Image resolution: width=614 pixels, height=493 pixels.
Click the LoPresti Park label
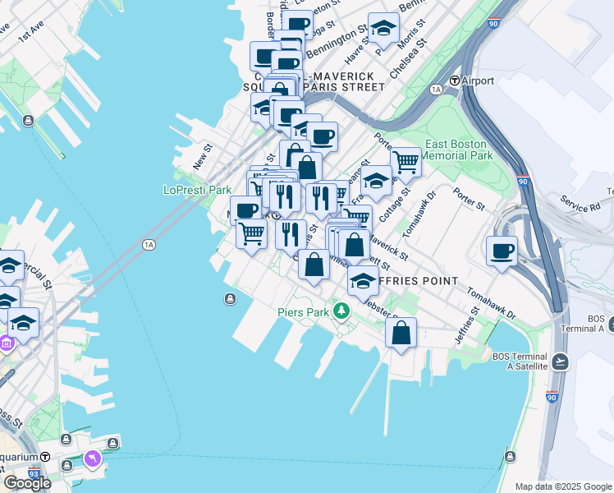pos(198,190)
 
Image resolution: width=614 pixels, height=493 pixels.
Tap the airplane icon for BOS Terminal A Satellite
pos(560,362)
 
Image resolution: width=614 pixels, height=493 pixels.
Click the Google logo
pos(27,483)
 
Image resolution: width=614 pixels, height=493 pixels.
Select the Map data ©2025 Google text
pos(563,486)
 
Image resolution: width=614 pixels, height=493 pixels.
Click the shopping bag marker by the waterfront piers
pos(401,334)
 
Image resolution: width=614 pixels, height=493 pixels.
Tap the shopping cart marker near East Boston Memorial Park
pos(406,162)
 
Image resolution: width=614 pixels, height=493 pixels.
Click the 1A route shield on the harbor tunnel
pos(149,244)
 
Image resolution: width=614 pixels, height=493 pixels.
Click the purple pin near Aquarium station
pos(92,457)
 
